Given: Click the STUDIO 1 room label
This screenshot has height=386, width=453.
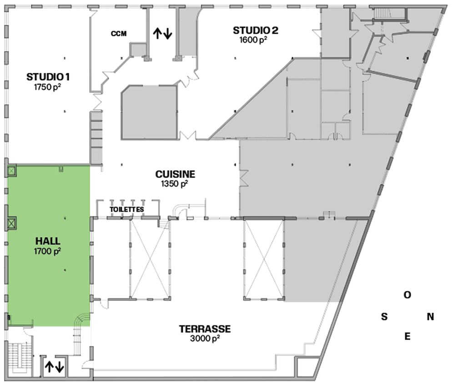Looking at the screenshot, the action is pos(48,77).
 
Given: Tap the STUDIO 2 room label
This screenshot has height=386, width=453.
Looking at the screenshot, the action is pos(256,30).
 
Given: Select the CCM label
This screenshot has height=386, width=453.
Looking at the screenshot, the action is pos(119,34).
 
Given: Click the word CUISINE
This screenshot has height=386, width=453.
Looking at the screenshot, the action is pos(176,174).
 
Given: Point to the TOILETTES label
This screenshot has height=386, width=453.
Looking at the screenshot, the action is pos(127,209).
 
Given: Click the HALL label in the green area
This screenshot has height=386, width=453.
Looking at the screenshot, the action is pos(48,241).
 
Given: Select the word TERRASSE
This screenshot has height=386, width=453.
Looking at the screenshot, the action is pos(205,329).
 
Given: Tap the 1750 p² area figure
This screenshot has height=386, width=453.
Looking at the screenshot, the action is pos(47,87).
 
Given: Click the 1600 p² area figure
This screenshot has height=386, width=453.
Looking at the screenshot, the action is pos(253,40).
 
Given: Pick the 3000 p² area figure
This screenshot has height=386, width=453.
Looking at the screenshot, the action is pos(205,338).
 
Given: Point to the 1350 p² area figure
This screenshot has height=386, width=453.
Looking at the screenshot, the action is pos(175,183).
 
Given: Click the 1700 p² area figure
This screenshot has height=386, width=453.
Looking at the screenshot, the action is pos(47,251).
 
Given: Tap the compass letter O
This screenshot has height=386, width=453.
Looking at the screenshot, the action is pos(408,295).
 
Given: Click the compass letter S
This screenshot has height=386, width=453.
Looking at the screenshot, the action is pos(384,317).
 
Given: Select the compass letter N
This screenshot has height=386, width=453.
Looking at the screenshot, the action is pos(430,317).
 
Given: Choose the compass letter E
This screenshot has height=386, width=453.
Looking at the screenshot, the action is pos(408,336).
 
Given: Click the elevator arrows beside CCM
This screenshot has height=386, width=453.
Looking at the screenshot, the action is pos(163,34).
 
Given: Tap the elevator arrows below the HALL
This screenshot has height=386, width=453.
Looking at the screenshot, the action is pos(54,367).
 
